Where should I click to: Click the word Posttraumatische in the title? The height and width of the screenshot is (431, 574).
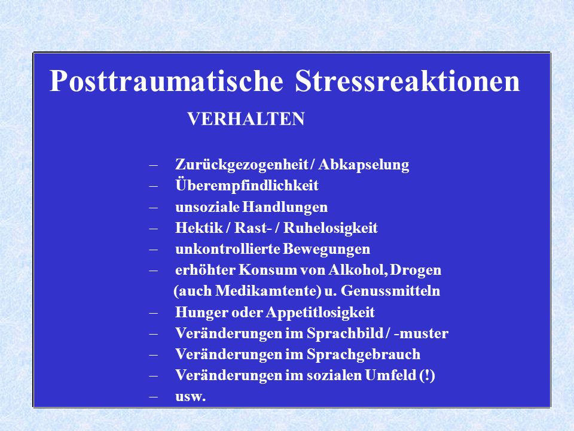pyautogui.click(x=166, y=81)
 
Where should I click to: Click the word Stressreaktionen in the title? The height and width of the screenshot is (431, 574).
pyautogui.click(x=407, y=81)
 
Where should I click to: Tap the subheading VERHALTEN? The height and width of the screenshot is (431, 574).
pyautogui.click(x=246, y=119)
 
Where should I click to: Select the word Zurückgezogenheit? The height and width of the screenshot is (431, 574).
pyautogui.click(x=241, y=165)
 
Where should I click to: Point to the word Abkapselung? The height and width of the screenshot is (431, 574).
pyautogui.click(x=364, y=165)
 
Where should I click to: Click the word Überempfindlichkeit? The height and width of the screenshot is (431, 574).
pyautogui.click(x=247, y=185)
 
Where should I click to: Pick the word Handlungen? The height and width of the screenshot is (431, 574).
pyautogui.click(x=285, y=207)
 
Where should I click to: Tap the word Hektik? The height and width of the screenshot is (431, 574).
pyautogui.click(x=199, y=227)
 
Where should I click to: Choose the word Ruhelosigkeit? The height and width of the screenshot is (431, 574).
pyautogui.click(x=331, y=228)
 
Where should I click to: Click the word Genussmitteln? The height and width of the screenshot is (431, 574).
pyautogui.click(x=390, y=291)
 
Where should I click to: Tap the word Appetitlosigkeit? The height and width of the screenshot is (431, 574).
pyautogui.click(x=320, y=312)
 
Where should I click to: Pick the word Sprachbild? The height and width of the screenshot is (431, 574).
pyautogui.click(x=345, y=333)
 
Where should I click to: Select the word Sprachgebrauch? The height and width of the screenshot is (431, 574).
pyautogui.click(x=364, y=354)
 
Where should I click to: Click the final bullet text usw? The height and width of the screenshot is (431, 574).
pyautogui.click(x=190, y=397)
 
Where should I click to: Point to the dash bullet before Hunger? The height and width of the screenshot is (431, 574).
pyautogui.click(x=154, y=313)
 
